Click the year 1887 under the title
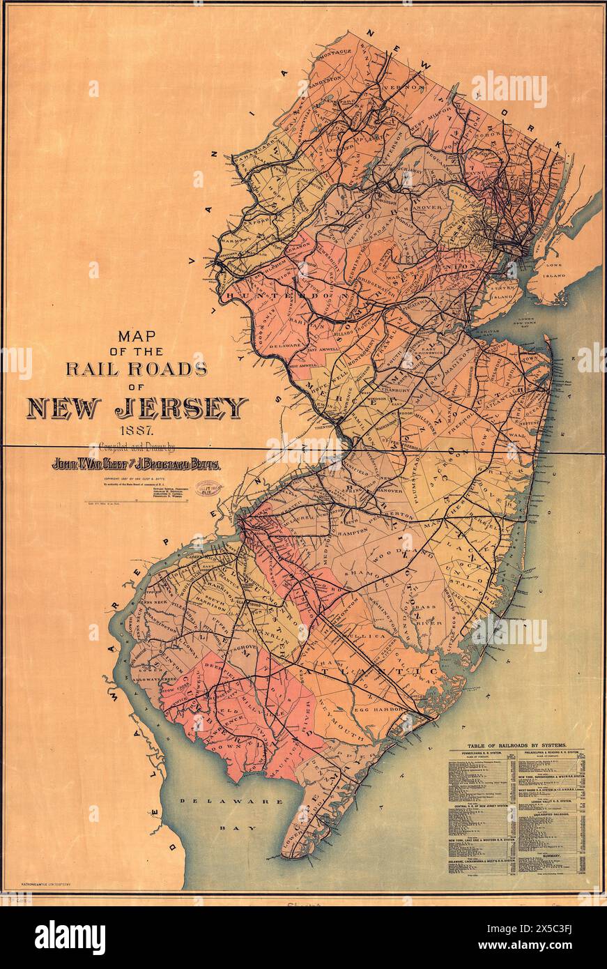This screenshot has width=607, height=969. click(x=137, y=431)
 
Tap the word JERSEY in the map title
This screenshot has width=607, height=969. click(x=184, y=408)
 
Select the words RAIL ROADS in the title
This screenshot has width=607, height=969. click(x=137, y=368)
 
